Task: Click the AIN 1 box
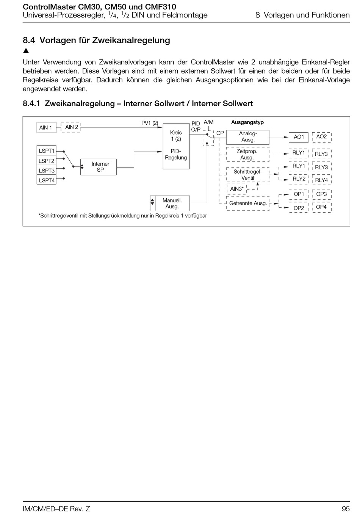tap(46, 127)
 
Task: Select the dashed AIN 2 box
tap(71, 127)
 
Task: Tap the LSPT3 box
tap(47, 171)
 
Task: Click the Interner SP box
tap(100, 167)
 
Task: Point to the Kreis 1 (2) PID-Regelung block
tap(176, 146)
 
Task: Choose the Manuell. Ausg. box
tap(172, 203)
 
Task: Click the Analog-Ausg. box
tap(248, 137)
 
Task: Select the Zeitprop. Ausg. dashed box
tap(247, 154)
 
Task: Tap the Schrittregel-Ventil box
tap(248, 175)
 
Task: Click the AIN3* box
tap(237, 189)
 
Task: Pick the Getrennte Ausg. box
tap(248, 203)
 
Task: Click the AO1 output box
tap(299, 137)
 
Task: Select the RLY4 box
tap(321, 180)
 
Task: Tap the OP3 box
tap(321, 194)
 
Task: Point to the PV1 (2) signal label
tap(150, 123)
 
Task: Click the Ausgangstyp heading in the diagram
tap(247, 122)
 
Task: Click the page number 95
tap(345, 509)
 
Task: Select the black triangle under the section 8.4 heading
tap(26, 51)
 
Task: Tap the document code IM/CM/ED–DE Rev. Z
tap(56, 509)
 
